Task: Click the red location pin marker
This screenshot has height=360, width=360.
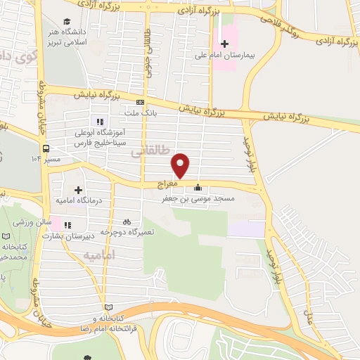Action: [181, 166]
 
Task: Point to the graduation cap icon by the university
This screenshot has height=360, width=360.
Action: [67, 22]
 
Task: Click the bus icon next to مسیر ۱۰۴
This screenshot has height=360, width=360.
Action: [46, 149]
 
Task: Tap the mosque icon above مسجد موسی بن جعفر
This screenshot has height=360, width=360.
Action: [198, 187]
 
